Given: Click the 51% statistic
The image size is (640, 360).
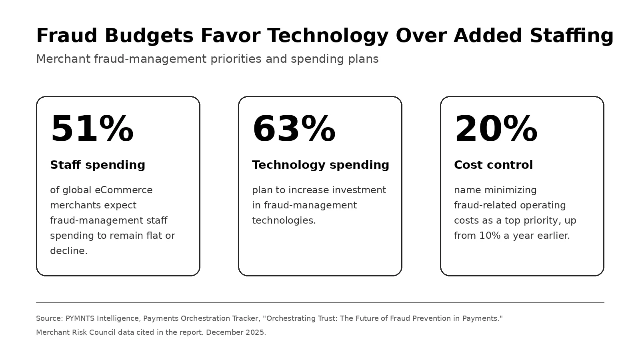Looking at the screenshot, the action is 92,128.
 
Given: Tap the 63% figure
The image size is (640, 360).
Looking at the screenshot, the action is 294,128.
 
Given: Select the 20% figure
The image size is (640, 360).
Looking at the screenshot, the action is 496,128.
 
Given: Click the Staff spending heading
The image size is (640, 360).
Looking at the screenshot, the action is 98,165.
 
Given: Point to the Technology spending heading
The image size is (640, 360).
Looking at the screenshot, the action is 320,165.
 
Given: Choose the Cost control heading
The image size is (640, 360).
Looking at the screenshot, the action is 494,165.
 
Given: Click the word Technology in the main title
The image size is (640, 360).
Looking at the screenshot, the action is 328,36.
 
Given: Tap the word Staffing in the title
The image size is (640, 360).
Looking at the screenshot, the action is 572,36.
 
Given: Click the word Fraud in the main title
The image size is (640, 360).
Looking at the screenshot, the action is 67,36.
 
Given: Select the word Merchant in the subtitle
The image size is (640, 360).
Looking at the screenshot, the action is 64,59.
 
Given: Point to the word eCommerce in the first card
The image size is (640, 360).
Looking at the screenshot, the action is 124,190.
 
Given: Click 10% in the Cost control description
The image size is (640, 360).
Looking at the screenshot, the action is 490,236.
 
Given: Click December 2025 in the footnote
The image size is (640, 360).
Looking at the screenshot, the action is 236,332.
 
